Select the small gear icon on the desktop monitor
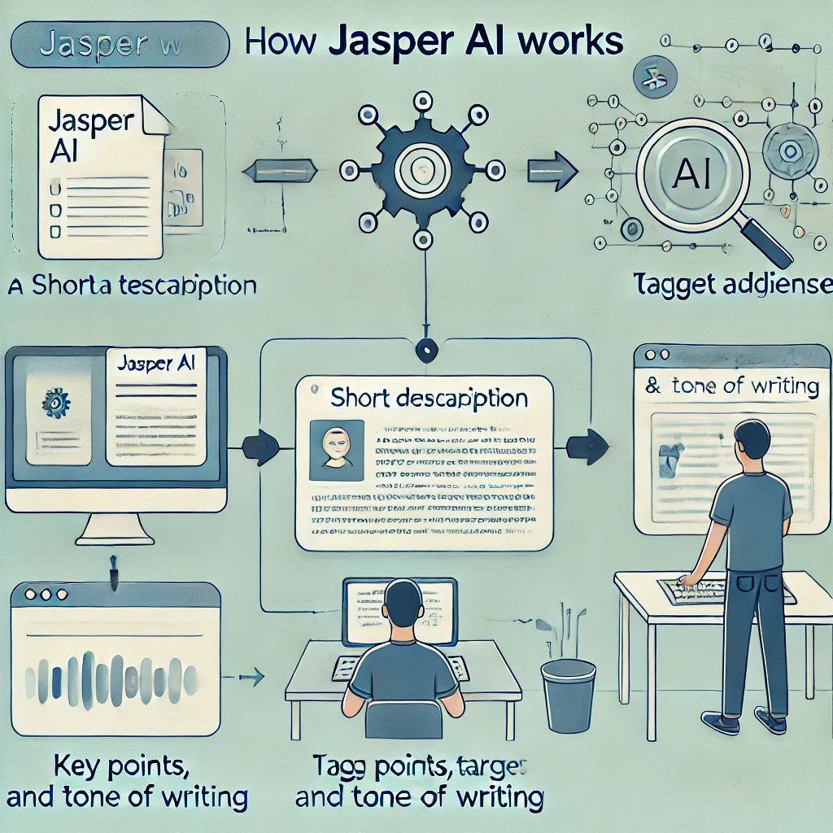click(55, 402)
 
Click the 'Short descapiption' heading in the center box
click(429, 399)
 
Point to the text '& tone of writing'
click(731, 386)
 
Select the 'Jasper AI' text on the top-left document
click(89, 135)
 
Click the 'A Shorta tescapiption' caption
click(130, 286)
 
